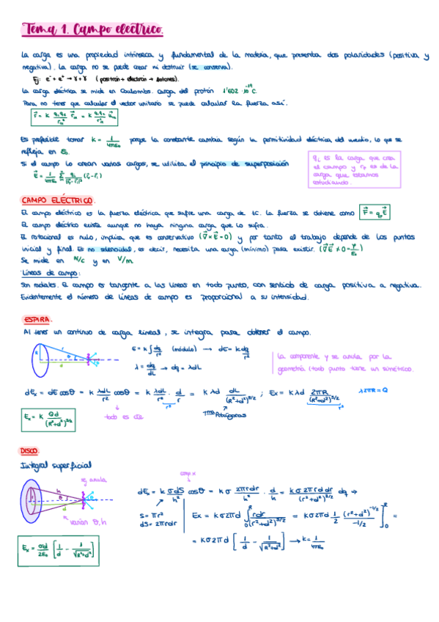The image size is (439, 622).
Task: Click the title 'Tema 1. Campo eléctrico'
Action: click(x=92, y=30)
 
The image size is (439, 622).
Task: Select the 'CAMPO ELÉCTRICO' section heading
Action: click(x=57, y=200)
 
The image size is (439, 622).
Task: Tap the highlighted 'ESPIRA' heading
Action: click(x=37, y=320)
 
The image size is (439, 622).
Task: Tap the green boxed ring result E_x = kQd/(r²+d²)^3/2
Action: click(x=47, y=420)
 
